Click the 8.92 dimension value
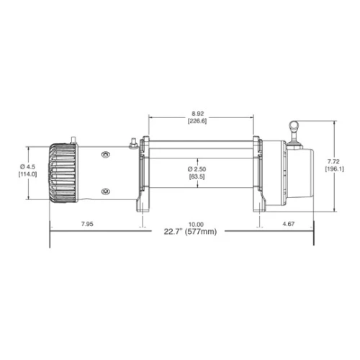pos(198,113)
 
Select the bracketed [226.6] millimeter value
pos(197,121)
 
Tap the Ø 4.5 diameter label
pos(27,166)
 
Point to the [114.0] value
pos(27,174)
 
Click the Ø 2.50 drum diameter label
pos(197,169)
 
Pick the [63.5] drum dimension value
pos(197,176)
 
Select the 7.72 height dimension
pos(334,161)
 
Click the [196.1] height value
pos(334,168)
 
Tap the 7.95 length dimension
pos(87,224)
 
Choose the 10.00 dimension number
pos(196,225)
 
